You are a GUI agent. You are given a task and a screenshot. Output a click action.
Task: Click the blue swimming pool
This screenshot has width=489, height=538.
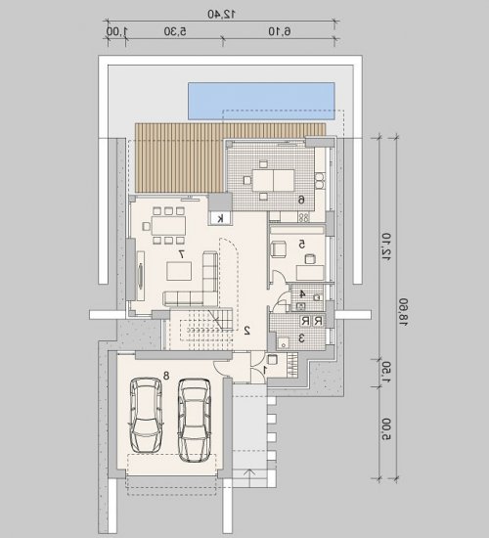[x=261, y=101]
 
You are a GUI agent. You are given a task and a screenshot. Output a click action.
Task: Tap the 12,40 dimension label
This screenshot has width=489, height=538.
[x=221, y=14]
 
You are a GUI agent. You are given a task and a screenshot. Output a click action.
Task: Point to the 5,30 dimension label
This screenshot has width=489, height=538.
[x=175, y=31]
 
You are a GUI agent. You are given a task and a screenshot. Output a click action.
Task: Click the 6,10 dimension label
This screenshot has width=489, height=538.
[x=280, y=31]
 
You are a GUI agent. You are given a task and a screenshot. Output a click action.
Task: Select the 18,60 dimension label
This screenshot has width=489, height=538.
[x=403, y=312]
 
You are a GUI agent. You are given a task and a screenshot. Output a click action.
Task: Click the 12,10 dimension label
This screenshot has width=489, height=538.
[x=386, y=247]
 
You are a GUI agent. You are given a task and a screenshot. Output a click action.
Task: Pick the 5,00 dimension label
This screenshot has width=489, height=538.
[x=386, y=428]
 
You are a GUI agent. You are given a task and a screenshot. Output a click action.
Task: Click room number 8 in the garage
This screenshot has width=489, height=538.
[x=166, y=376]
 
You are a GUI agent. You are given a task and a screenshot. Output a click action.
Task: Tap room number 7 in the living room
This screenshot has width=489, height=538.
[x=182, y=254]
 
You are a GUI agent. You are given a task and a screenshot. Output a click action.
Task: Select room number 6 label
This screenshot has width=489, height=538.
[x=301, y=200]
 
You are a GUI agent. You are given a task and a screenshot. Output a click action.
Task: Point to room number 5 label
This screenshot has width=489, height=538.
[x=301, y=245]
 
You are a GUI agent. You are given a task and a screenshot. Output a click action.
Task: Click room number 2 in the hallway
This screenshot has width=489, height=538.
[x=247, y=330]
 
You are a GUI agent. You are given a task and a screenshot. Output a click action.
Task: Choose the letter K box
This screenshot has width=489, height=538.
[x=220, y=218]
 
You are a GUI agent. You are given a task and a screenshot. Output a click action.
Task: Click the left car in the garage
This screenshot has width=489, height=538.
[x=146, y=415]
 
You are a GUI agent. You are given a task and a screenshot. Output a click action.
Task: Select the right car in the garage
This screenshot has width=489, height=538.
[x=195, y=420]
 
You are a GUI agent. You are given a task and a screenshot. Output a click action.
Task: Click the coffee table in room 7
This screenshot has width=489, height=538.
[x=180, y=271]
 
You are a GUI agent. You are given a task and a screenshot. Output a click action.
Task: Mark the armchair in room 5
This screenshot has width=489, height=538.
[x=279, y=248]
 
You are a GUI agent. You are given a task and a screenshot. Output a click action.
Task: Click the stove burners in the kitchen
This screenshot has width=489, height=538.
[x=304, y=217]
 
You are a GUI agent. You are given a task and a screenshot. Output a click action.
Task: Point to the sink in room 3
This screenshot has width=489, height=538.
[x=284, y=342]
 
